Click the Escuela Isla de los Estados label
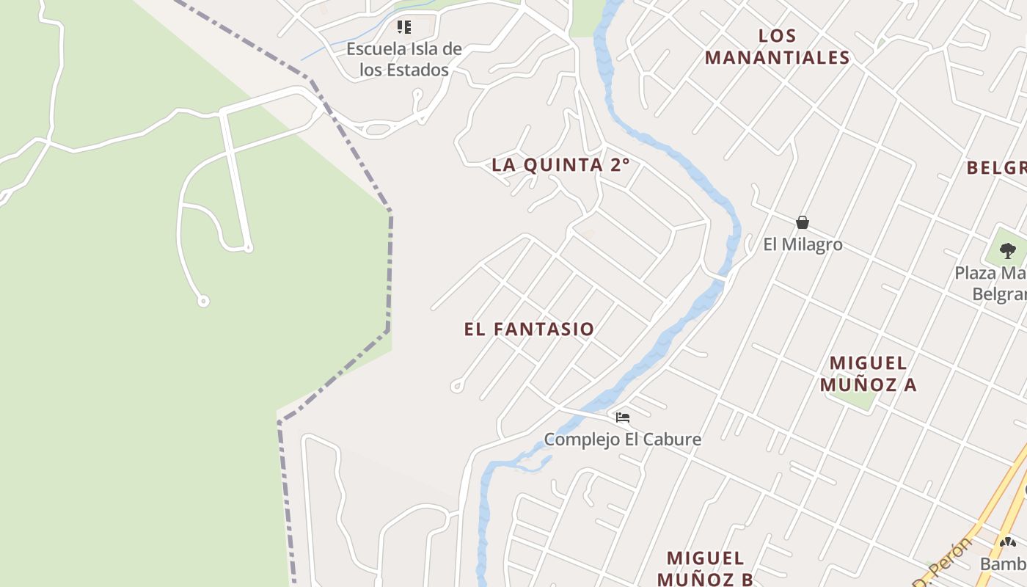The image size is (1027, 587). coord(404,59)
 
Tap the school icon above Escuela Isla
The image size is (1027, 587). coord(404,27)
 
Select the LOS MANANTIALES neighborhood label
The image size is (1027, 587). coord(778,46)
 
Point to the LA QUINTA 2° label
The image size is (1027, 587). coord(560,165)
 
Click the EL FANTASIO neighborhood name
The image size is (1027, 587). coord(529,329)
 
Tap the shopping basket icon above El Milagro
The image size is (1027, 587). coord(803,222)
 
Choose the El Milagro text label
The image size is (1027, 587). coord(803,244)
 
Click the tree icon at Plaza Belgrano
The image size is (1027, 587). coord(1008,251)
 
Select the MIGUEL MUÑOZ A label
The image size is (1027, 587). coord(869,373)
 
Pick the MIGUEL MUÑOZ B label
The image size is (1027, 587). coord(705,568)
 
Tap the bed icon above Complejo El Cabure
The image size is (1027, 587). coord(623,418)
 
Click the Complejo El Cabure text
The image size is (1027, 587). coord(622,440)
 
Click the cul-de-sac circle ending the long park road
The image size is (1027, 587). coord(203,301)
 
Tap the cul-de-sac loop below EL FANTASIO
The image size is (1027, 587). coord(456,384)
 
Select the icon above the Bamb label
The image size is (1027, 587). coord(1008,542)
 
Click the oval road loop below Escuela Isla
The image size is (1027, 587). coord(377,130)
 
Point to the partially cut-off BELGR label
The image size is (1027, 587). coord(996,168)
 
